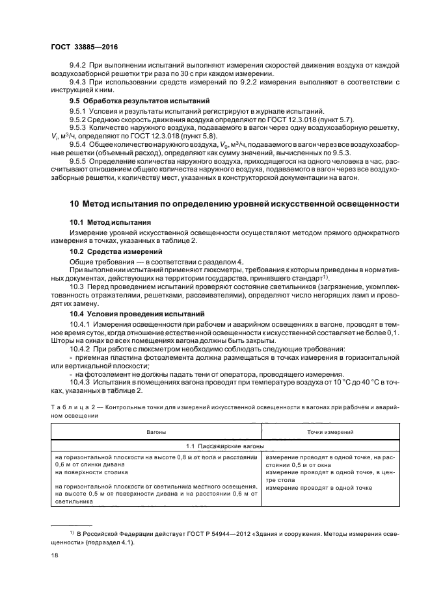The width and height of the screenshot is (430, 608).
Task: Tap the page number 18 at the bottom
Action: pos(54,556)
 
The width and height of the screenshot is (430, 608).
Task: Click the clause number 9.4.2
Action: pos(79,66)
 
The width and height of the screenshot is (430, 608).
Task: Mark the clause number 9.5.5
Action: pos(79,160)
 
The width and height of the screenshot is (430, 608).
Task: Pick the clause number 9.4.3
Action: pos(79,81)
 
